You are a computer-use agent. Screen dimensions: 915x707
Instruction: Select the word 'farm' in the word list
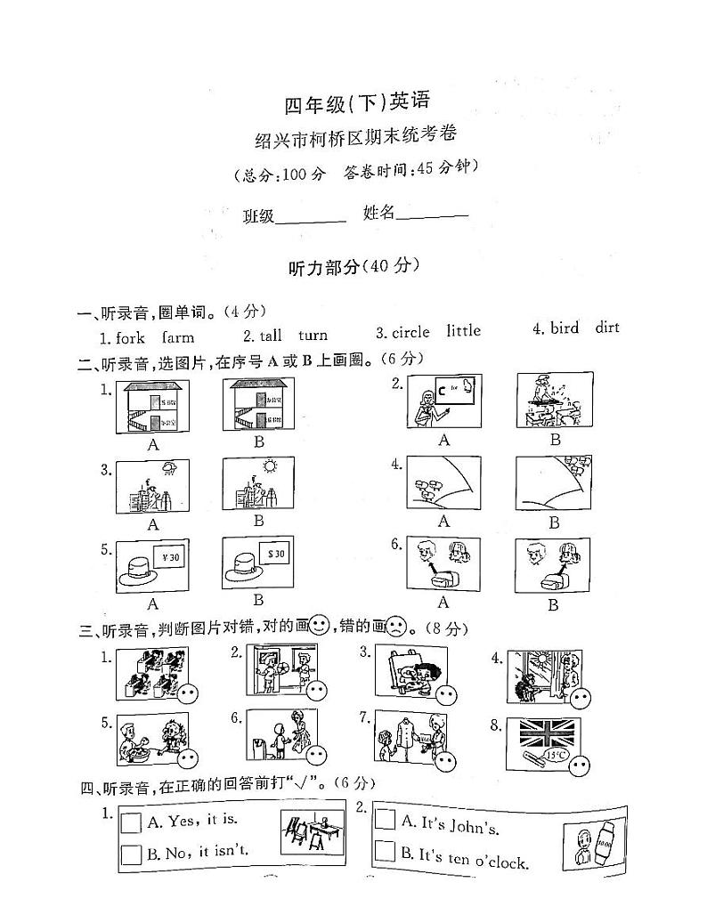178,337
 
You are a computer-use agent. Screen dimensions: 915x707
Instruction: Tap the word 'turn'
313,335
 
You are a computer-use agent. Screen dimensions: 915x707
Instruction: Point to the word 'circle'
410,332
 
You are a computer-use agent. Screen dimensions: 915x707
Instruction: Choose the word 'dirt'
606,328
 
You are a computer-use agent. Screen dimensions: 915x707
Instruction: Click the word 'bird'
565,328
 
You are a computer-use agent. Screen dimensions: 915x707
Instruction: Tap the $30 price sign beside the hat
275,554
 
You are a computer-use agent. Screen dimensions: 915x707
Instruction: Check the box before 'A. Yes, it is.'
131,822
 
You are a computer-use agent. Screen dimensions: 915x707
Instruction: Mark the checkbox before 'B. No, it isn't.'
131,854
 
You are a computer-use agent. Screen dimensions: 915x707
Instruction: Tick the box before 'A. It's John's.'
385,819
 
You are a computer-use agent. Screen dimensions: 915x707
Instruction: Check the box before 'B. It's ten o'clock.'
385,851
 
